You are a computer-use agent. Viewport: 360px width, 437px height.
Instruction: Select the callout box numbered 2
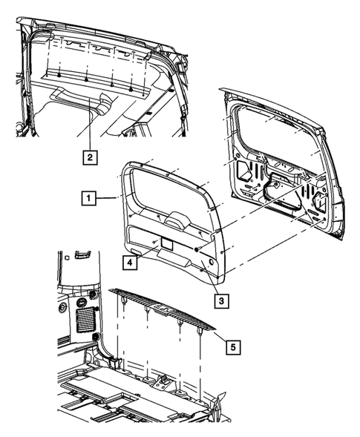(x=88, y=157)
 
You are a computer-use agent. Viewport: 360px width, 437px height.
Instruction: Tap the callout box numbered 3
(x=220, y=300)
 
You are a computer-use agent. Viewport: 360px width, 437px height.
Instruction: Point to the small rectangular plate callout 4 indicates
(x=164, y=243)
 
